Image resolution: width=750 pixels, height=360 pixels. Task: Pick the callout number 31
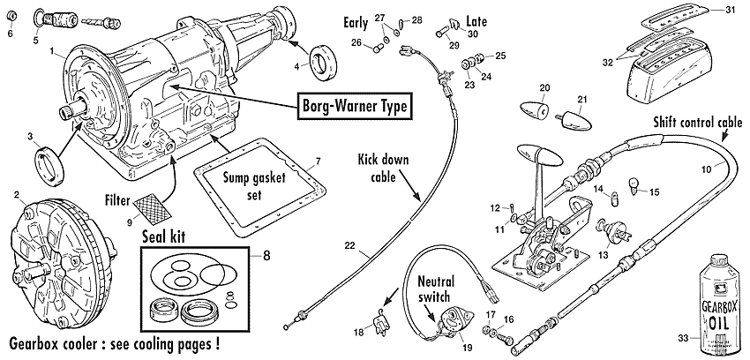tap(729, 10)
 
